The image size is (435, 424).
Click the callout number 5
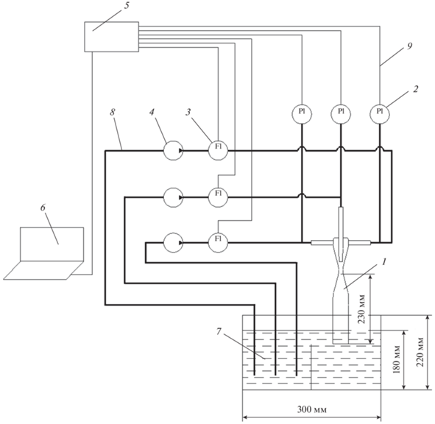(127, 7)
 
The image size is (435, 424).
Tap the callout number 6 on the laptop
(43, 208)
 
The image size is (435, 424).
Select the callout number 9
(409, 46)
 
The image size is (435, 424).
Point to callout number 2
(415, 89)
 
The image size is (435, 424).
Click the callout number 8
(112, 112)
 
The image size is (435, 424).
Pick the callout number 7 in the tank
(219, 331)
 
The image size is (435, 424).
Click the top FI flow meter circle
(218, 150)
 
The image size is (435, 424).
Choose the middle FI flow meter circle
(218, 197)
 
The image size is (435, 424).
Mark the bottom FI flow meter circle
(218, 243)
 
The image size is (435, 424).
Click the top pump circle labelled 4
(173, 150)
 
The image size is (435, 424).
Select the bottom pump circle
(173, 243)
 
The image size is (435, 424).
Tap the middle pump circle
(173, 197)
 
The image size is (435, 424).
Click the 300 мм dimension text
(312, 409)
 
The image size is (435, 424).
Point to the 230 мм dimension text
(361, 308)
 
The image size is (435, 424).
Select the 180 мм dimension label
(397, 360)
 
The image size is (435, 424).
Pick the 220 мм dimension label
(420, 352)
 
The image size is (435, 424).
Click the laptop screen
(52, 244)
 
